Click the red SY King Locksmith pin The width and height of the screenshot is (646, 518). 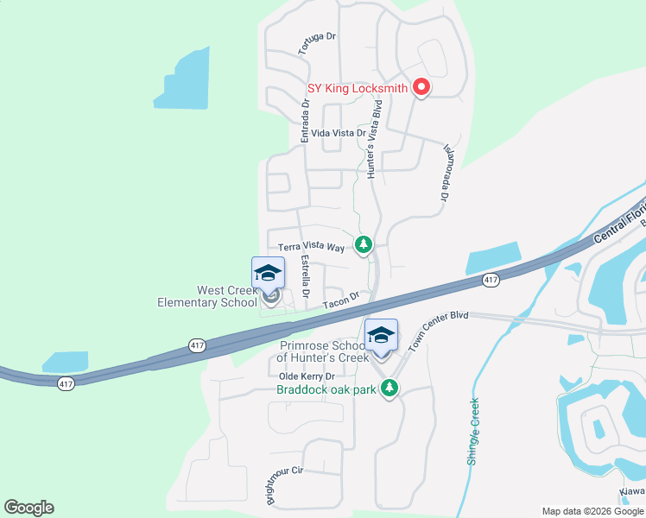click(x=421, y=86)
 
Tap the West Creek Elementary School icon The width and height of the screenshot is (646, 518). click(x=269, y=273)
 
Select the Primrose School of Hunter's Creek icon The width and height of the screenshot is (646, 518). click(x=381, y=335)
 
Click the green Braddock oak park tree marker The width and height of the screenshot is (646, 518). click(x=390, y=388)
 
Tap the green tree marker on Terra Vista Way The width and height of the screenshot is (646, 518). click(x=364, y=245)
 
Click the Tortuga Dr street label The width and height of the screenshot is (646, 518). click(x=316, y=44)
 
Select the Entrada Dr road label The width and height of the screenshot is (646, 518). click(x=305, y=121)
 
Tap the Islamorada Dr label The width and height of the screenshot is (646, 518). click(x=446, y=173)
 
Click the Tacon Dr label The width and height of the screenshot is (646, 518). click(x=341, y=302)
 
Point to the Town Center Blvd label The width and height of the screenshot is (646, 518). click(x=438, y=330)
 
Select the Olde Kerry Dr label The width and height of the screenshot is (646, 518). click(x=306, y=376)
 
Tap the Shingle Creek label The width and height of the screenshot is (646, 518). click(x=472, y=432)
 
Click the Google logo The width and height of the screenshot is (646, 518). click(x=29, y=508)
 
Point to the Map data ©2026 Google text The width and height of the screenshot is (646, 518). click(x=592, y=511)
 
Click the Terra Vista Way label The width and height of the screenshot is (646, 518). click(x=310, y=247)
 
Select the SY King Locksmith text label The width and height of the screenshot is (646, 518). click(x=358, y=87)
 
